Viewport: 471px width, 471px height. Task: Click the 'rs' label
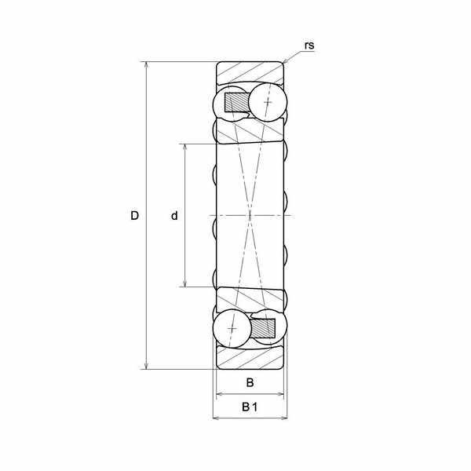[x=309, y=46]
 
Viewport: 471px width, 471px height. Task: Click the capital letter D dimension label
[x=134, y=216]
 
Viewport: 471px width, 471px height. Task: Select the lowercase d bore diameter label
[x=174, y=215]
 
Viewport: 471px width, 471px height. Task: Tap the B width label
[x=250, y=383]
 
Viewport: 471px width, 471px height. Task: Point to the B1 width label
[x=250, y=407]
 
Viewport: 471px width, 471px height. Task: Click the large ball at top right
[x=268, y=102]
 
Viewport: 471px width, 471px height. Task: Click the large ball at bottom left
[x=232, y=329]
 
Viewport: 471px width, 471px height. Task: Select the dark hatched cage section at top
[x=237, y=102]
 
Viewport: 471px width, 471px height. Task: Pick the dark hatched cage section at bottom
[x=263, y=328]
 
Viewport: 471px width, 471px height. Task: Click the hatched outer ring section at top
[x=250, y=72]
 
